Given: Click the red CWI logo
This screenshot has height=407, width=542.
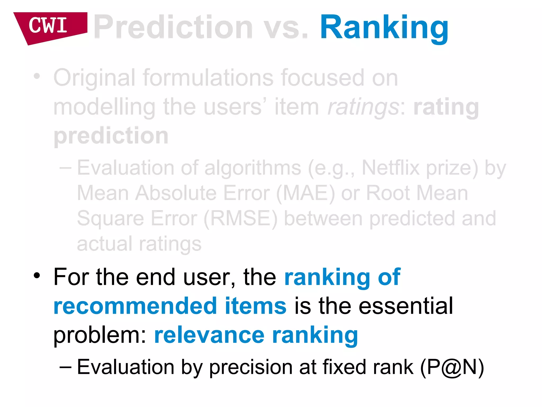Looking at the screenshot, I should click(x=49, y=26).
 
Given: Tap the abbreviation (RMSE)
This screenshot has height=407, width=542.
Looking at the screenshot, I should click(x=241, y=219).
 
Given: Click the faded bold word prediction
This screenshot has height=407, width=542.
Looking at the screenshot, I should click(x=111, y=136).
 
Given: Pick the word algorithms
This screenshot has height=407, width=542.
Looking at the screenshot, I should click(x=253, y=168).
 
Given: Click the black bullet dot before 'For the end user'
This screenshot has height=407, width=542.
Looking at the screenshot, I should click(x=37, y=276).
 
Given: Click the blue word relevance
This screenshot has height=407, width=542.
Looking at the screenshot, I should click(x=209, y=335).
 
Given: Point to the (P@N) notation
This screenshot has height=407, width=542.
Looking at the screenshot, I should click(x=452, y=368).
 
